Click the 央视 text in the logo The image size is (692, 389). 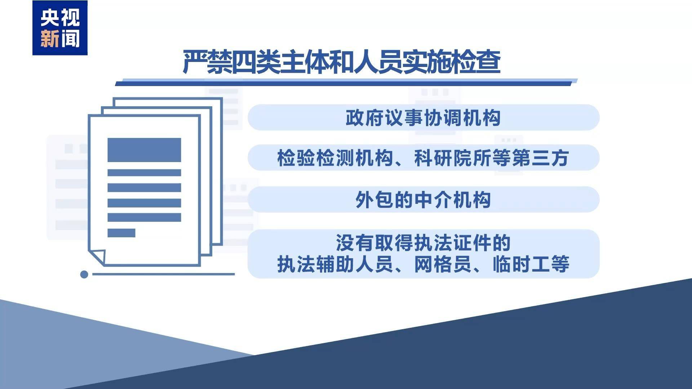click(x=60, y=17)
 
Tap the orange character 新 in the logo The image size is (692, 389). click(x=50, y=39)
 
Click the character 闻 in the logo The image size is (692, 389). click(x=70, y=39)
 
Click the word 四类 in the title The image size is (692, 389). click(x=256, y=62)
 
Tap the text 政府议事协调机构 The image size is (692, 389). click(x=423, y=118)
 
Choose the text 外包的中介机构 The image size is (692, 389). click(x=423, y=200)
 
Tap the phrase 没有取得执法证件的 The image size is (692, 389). click(x=423, y=243)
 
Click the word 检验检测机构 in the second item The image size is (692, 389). click(x=335, y=158)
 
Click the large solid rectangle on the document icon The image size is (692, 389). click(x=144, y=150)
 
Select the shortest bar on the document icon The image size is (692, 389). click(x=121, y=233)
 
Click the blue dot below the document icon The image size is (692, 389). click(x=84, y=274)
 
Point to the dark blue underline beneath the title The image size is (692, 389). click(x=342, y=84)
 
